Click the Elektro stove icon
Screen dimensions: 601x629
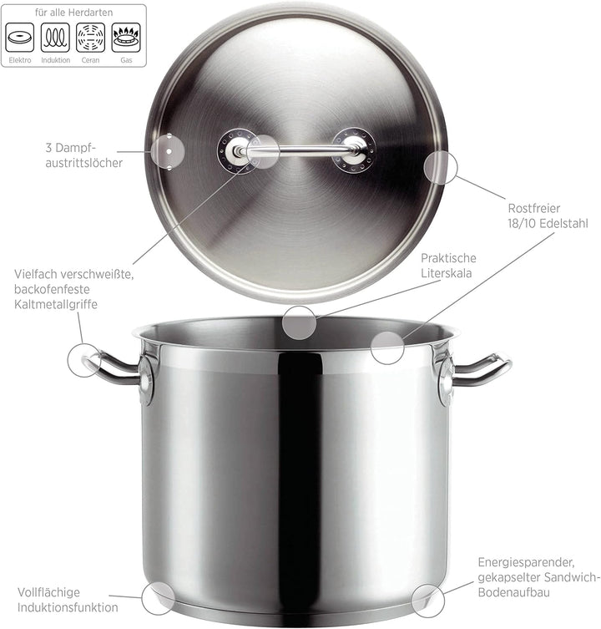pyautogui.click(x=20, y=38)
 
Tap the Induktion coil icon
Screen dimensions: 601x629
pyautogui.click(x=55, y=38)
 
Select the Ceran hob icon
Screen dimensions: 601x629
pyautogui.click(x=91, y=38)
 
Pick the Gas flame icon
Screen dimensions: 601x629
pyautogui.click(x=126, y=38)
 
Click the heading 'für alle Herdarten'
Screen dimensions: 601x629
pyautogui.click(x=73, y=13)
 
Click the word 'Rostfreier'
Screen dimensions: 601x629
pyautogui.click(x=533, y=208)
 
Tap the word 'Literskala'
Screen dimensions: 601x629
pyautogui.click(x=447, y=273)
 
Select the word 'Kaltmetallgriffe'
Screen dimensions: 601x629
pyautogui.click(x=56, y=304)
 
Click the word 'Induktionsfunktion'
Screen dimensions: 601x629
pyautogui.click(x=68, y=607)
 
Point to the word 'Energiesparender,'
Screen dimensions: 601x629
pyautogui.click(x=526, y=562)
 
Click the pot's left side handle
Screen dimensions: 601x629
pyautogui.click(x=112, y=368)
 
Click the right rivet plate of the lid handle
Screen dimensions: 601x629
pyautogui.click(x=354, y=150)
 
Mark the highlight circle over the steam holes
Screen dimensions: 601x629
pyautogui.click(x=168, y=152)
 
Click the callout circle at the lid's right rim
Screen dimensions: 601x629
pyautogui.click(x=440, y=168)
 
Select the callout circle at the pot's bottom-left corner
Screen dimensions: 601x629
pyautogui.click(x=159, y=598)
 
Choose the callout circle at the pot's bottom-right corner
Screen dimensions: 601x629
pyautogui.click(x=428, y=601)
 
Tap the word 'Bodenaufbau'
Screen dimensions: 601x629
pyautogui.click(x=513, y=592)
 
